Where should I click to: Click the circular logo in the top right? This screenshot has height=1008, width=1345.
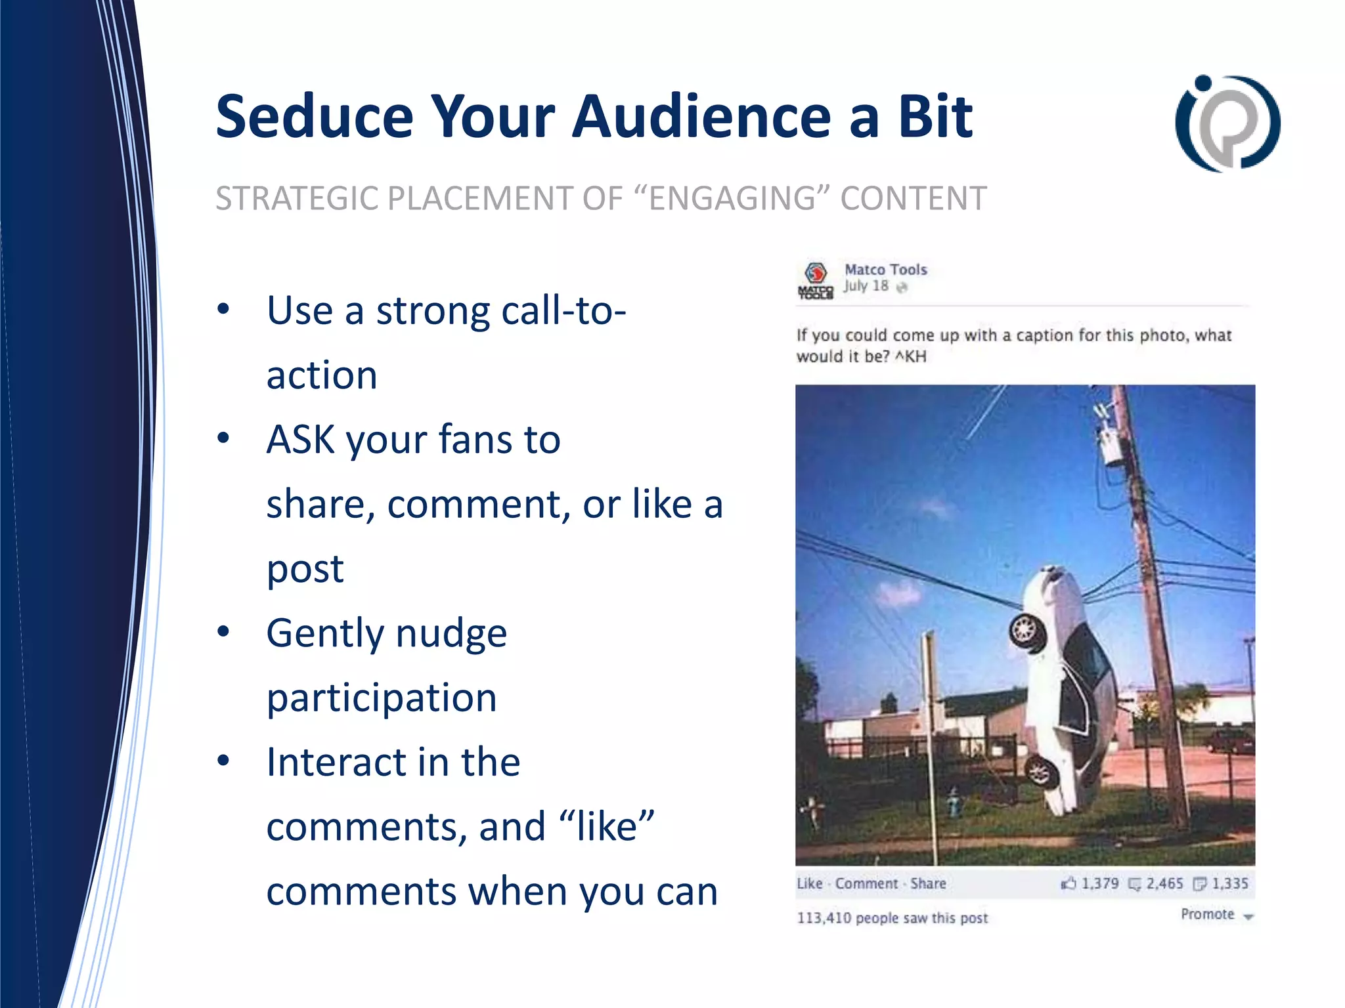tap(1227, 123)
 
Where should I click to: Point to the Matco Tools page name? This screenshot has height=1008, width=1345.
tap(885, 270)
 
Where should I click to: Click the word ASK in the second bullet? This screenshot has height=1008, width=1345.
tap(300, 440)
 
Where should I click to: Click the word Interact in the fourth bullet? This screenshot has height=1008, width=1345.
tap(336, 763)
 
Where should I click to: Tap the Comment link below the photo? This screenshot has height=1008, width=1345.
tap(866, 884)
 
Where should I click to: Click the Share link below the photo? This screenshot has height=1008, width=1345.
tap(928, 884)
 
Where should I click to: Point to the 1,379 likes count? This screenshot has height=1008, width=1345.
tap(1099, 884)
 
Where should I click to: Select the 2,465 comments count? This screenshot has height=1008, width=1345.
tap(1164, 884)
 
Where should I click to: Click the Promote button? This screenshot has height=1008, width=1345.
tap(1208, 915)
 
